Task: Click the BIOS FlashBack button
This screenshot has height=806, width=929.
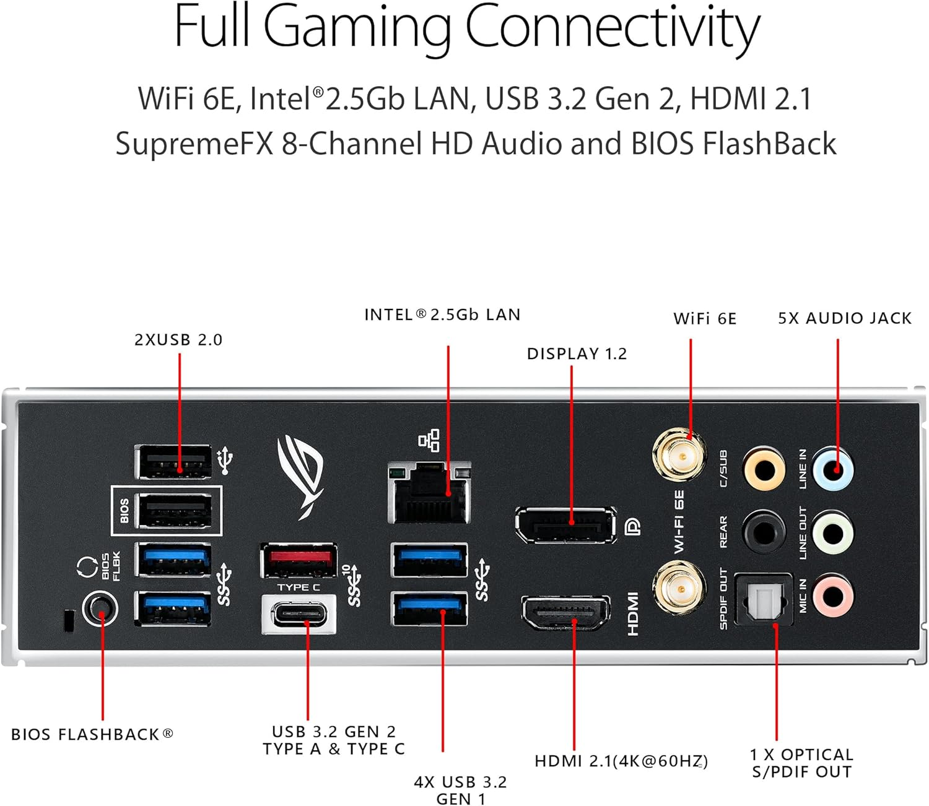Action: [101, 609]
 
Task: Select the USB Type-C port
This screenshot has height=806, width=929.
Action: [299, 615]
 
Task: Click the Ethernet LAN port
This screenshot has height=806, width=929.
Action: [429, 492]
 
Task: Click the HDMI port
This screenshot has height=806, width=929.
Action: [565, 613]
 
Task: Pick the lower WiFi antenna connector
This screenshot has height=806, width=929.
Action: [679, 588]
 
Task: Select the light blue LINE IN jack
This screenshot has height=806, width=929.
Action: [833, 469]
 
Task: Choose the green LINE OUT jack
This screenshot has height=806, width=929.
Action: [833, 532]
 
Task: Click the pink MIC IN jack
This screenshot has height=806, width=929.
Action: [833, 596]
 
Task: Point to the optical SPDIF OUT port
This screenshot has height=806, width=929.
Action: [764, 599]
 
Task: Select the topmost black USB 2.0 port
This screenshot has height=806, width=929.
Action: [173, 462]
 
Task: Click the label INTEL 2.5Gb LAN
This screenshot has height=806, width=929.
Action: [442, 315]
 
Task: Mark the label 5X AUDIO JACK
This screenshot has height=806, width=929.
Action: [845, 319]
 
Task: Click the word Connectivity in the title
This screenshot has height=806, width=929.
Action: [612, 27]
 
